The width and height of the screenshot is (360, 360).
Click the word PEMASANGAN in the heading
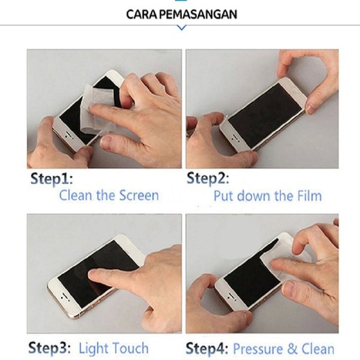tap(198, 14)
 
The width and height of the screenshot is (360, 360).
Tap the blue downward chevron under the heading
tap(182, 28)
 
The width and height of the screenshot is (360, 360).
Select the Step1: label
tap(51, 178)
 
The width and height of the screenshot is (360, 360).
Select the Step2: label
tap(208, 178)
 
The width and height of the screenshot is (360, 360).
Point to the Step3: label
tap(49, 347)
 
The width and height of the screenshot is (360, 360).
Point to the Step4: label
tap(207, 348)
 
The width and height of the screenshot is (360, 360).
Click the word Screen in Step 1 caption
tap(139, 195)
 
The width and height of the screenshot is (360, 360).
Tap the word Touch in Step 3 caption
tap(131, 348)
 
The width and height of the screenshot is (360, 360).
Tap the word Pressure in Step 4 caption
tap(258, 349)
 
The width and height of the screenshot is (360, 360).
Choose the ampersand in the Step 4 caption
tap(292, 349)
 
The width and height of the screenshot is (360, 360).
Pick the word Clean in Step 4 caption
tap(318, 349)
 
